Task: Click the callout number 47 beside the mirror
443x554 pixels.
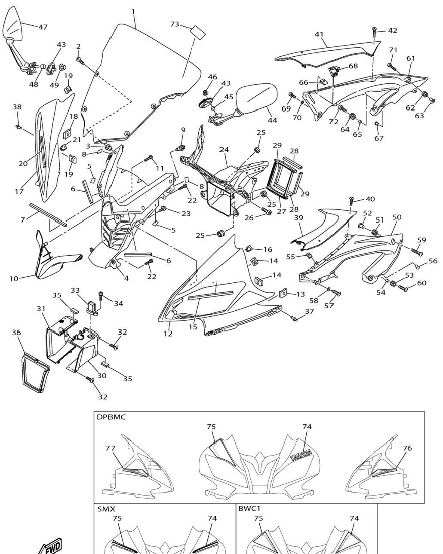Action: [x=43, y=27]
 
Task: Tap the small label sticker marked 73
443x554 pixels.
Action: [x=198, y=33]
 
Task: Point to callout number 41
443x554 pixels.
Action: [x=319, y=34]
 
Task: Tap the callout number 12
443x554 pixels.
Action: [x=168, y=334]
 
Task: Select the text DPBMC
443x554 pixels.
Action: [x=111, y=417]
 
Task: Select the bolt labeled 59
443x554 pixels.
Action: [x=416, y=251]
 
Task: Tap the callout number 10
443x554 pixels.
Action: [x=14, y=279]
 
